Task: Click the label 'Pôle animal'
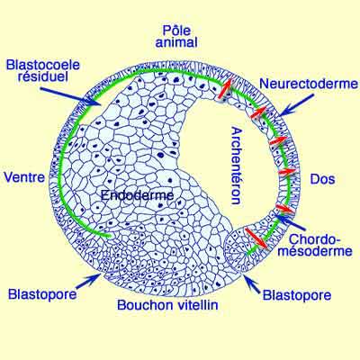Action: pos(176,37)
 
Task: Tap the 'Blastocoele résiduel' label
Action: pos(43,71)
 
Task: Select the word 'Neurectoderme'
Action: pos(309,84)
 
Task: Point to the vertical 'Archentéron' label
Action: pos(236,166)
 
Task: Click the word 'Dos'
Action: pos(322,179)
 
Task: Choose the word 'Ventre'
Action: pos(24,177)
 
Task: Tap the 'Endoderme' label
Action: pos(138,195)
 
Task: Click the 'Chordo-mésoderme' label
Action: pos(315,245)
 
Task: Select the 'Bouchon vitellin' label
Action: pos(167,305)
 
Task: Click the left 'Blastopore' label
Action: pos(42,294)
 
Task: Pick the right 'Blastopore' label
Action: pos(297,295)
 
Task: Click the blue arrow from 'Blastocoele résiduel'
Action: pos(70,96)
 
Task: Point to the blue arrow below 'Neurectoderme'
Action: pos(295,105)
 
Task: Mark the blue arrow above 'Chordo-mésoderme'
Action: pos(290,222)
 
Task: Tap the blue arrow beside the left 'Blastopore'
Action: pos(87,281)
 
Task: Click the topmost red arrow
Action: pos(225,88)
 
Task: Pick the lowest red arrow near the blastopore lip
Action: pos(256,238)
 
